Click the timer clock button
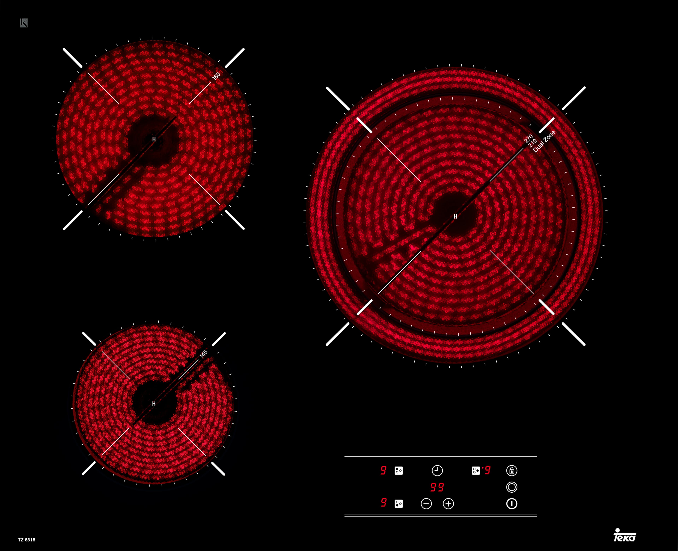437,470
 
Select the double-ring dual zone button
512,487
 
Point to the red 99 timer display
437,487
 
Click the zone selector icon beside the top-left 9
399,470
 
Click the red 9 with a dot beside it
486,470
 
